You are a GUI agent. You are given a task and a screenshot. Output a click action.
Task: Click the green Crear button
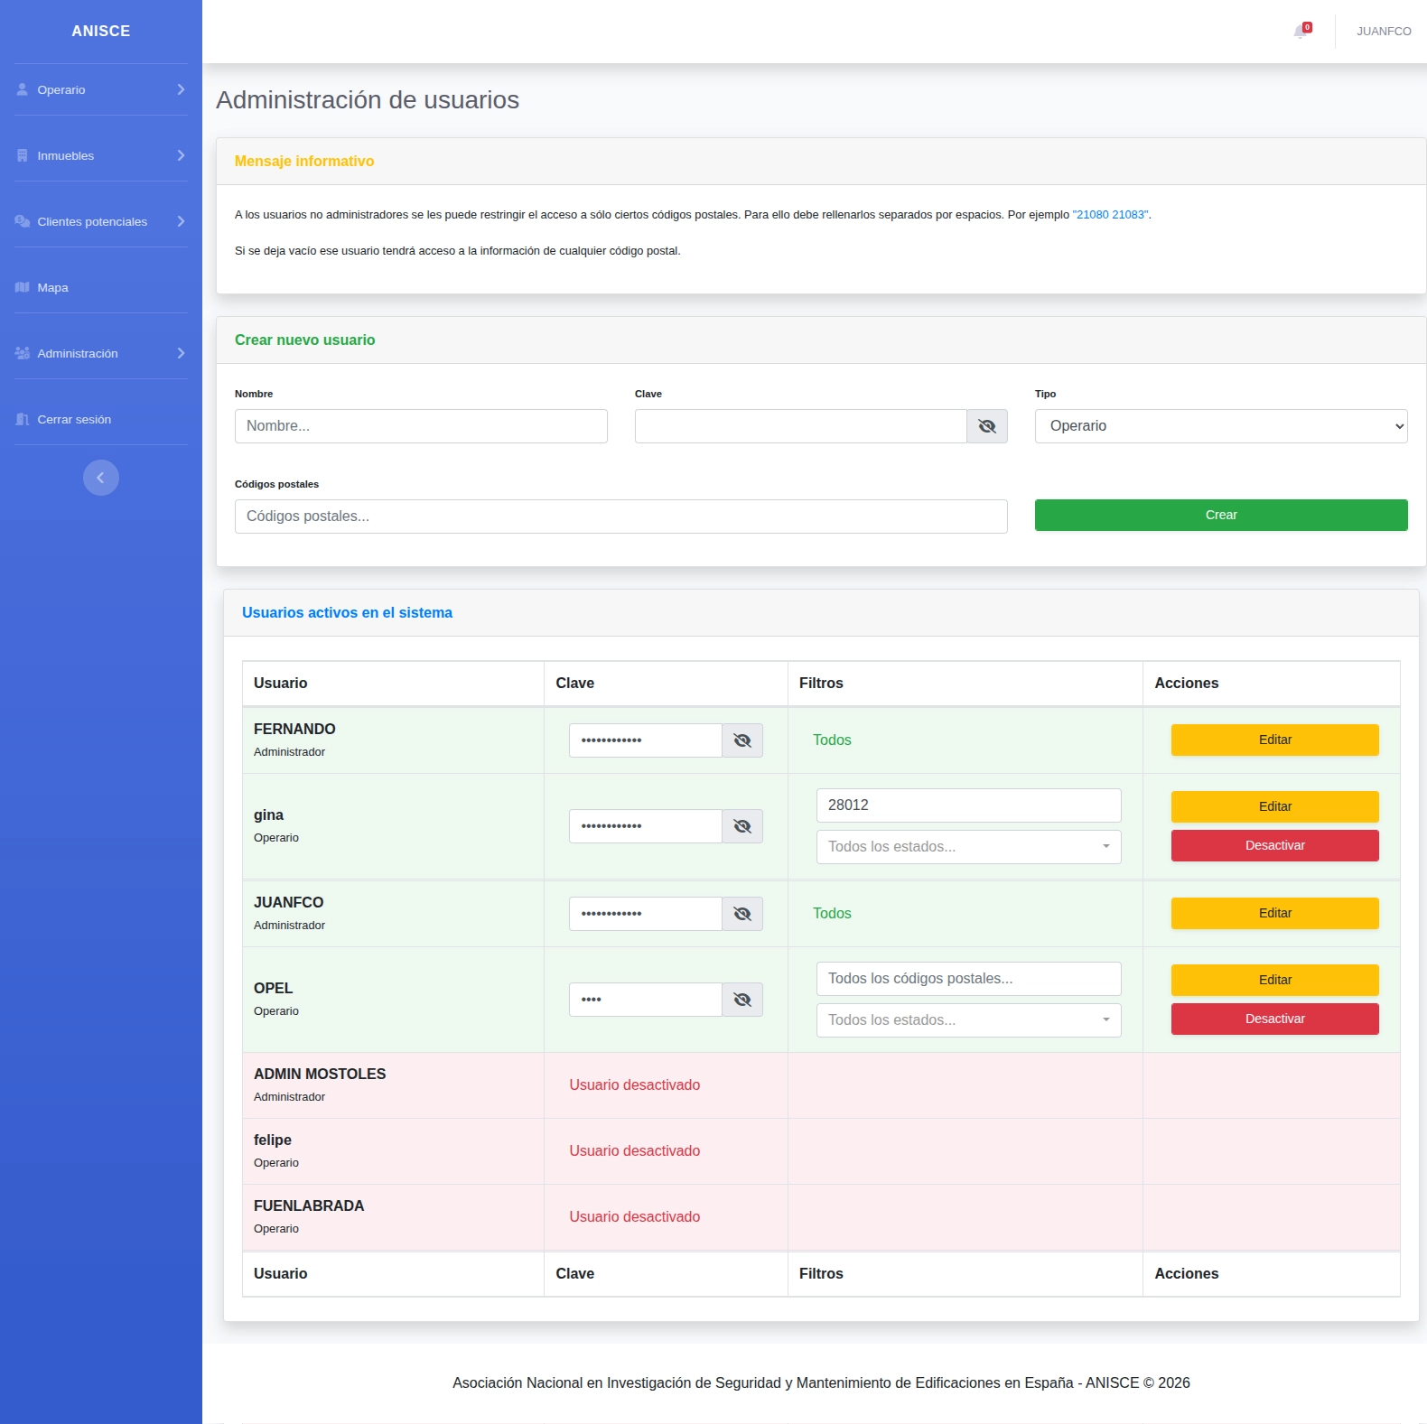tap(1221, 515)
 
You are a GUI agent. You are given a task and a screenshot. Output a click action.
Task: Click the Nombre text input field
tap(421, 426)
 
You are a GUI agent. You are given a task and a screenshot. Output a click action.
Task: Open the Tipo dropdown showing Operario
tap(1221, 426)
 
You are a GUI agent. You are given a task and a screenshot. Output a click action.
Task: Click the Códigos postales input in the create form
tap(621, 517)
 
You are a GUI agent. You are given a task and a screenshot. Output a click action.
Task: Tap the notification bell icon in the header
tap(1301, 32)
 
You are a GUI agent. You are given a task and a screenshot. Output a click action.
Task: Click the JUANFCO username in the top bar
tap(1384, 32)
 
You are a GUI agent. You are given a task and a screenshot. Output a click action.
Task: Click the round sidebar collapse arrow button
tap(101, 478)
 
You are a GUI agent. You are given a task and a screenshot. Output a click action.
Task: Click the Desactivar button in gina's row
tap(1275, 845)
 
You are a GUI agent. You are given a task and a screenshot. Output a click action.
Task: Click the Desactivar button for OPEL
tap(1275, 1019)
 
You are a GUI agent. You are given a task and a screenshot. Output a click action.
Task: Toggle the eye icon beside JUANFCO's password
tap(742, 914)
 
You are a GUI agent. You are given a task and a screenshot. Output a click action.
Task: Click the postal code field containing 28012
tap(969, 805)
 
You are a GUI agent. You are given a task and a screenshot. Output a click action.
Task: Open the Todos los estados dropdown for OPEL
tap(969, 1020)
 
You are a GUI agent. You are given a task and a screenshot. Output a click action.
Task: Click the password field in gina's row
tap(646, 826)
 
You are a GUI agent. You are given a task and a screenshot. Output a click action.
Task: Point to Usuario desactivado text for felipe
tap(635, 1150)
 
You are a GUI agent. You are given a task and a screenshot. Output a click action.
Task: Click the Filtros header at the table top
tap(821, 683)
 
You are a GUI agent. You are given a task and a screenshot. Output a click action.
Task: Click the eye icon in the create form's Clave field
tap(987, 426)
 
